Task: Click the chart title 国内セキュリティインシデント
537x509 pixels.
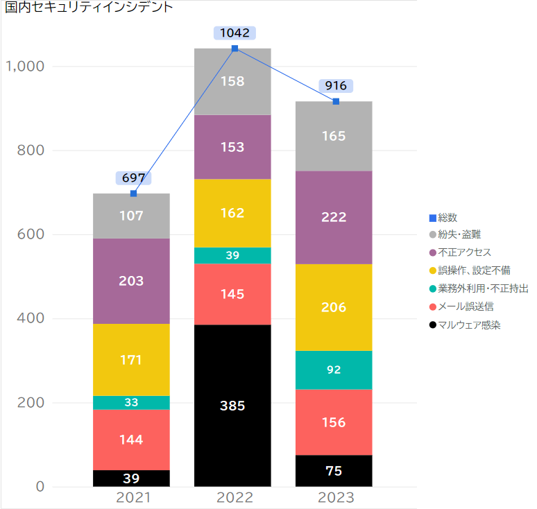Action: [x=89, y=8]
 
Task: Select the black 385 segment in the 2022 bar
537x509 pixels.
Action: [x=232, y=405]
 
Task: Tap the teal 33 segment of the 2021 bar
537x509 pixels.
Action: [x=131, y=402]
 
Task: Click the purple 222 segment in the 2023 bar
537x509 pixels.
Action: [x=334, y=217]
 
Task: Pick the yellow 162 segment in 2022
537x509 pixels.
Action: [x=232, y=213]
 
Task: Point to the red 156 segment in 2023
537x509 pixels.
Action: [x=334, y=422]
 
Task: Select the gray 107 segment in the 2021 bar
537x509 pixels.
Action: [x=131, y=216]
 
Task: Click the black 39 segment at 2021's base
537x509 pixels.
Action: [x=131, y=478]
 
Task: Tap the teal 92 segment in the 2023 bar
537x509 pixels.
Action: [x=334, y=370]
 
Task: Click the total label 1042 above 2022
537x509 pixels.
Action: [x=235, y=33]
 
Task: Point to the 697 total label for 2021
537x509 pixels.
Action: [x=133, y=178]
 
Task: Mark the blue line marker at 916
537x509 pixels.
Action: [x=336, y=102]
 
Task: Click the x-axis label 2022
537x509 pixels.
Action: [x=235, y=497]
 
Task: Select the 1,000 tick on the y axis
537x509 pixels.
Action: [x=26, y=67]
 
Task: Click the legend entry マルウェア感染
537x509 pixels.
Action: [x=470, y=324]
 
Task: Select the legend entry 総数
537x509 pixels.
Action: [x=447, y=218]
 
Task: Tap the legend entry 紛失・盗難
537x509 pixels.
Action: [x=460, y=234]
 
